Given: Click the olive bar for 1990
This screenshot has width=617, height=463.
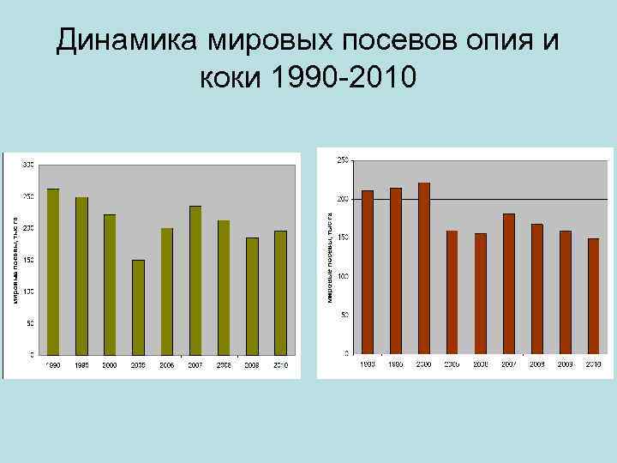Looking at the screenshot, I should click(53, 271).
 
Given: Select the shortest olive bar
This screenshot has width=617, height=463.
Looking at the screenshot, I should click(138, 307).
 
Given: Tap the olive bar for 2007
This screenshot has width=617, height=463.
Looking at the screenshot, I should click(195, 280).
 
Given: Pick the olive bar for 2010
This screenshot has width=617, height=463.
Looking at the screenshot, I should click(280, 292).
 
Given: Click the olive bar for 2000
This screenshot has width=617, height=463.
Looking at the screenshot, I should click(110, 284).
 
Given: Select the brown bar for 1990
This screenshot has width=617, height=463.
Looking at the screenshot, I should click(368, 271).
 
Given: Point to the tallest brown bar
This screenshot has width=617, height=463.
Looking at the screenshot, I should click(424, 268).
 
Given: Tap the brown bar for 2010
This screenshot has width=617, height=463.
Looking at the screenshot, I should click(593, 296).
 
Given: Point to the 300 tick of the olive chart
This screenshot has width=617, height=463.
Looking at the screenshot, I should click(28, 165).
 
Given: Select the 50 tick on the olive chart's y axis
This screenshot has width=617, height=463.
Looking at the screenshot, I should click(30, 323).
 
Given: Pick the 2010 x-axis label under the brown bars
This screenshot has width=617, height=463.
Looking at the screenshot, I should click(593, 364).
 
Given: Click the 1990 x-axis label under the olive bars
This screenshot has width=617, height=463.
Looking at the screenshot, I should click(53, 366).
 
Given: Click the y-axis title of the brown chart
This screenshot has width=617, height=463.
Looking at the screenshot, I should click(330, 256).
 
